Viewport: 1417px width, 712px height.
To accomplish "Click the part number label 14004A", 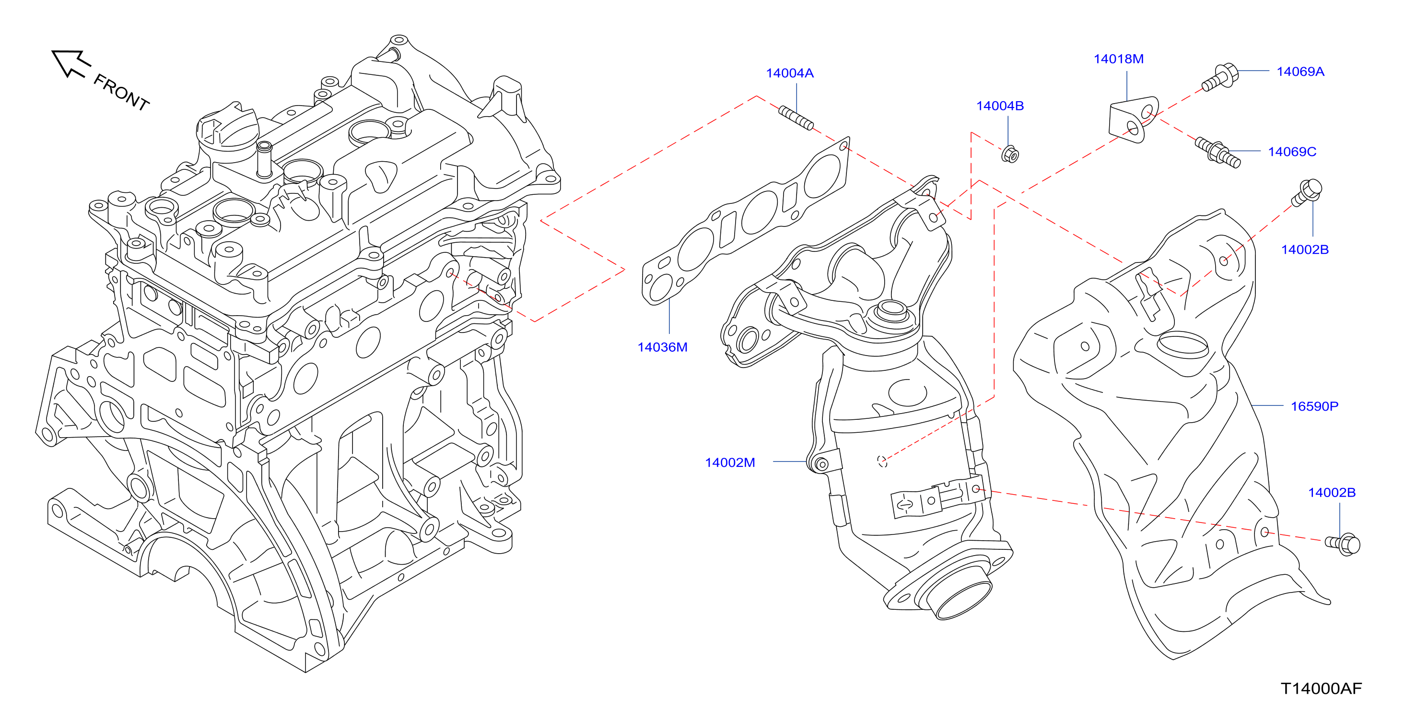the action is click(x=789, y=73).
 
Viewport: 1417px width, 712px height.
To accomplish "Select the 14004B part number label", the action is click(x=999, y=106).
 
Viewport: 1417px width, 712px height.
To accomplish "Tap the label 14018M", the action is click(x=1118, y=59).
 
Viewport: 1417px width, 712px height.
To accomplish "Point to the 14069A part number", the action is click(x=1300, y=71).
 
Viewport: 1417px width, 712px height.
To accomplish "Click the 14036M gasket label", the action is click(x=662, y=347).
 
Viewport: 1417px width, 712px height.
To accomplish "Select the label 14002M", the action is click(x=730, y=463).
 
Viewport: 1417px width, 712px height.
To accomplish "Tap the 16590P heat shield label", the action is click(x=1314, y=407).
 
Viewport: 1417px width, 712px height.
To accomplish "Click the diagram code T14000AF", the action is click(x=1321, y=688).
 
